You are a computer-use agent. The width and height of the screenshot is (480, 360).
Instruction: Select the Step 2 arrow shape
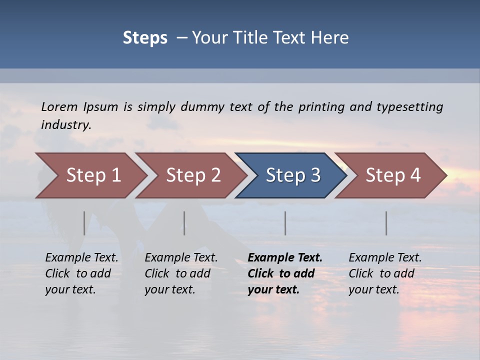pyautogui.click(x=193, y=175)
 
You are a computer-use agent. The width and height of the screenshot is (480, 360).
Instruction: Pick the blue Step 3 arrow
pyautogui.click(x=293, y=175)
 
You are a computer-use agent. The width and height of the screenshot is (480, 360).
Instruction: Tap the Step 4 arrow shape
pyautogui.click(x=393, y=175)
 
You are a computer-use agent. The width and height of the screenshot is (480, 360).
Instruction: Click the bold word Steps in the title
pyautogui.click(x=145, y=37)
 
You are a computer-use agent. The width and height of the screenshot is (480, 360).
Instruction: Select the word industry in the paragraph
pyautogui.click(x=66, y=124)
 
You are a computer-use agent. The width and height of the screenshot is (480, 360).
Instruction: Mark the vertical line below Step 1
pyautogui.click(x=84, y=223)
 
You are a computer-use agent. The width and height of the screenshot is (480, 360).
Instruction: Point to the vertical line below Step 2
pyautogui.click(x=184, y=223)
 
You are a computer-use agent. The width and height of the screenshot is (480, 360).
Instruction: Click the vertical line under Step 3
pyautogui.click(x=285, y=223)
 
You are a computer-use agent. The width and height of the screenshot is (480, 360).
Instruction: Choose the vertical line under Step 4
pyautogui.click(x=386, y=223)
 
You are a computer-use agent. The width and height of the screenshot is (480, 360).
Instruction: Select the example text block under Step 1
pyautogui.click(x=81, y=273)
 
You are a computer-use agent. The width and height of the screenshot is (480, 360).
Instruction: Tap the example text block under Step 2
pyautogui.click(x=181, y=273)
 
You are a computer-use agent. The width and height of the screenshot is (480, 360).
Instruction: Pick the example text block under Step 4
pyautogui.click(x=385, y=273)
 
